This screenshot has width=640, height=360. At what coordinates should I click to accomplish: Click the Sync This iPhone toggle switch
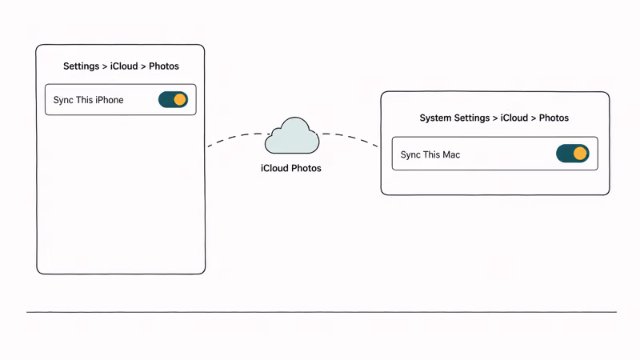pos(173,100)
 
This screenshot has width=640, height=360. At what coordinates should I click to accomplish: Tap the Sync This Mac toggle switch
pos(572,154)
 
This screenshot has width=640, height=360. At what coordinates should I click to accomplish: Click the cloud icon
pos(292,137)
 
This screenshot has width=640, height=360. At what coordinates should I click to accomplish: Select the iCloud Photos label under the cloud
pos(291,169)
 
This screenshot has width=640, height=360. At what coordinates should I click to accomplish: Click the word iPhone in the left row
pos(109,100)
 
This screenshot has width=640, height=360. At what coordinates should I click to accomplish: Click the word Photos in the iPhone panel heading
pos(164,66)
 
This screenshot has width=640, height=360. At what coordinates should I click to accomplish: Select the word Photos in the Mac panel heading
pos(554,118)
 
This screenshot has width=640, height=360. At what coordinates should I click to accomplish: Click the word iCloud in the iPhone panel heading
pos(124,66)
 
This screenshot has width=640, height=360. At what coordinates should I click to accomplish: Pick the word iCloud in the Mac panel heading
pos(514,118)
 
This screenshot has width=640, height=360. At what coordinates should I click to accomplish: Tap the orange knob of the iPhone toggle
pos(180,100)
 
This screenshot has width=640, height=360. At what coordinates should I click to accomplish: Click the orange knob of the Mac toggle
pos(580,154)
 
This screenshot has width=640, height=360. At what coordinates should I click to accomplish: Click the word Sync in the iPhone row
pos(63,100)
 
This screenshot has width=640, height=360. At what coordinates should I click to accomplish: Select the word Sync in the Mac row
pos(410,154)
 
